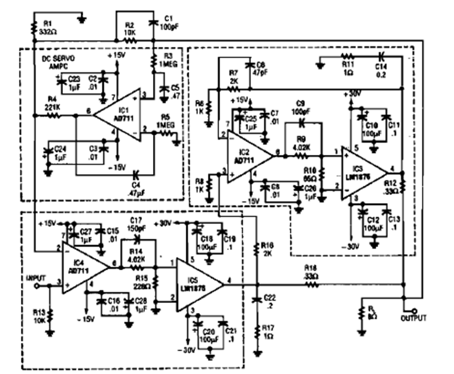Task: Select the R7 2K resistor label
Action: coord(233,77)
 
